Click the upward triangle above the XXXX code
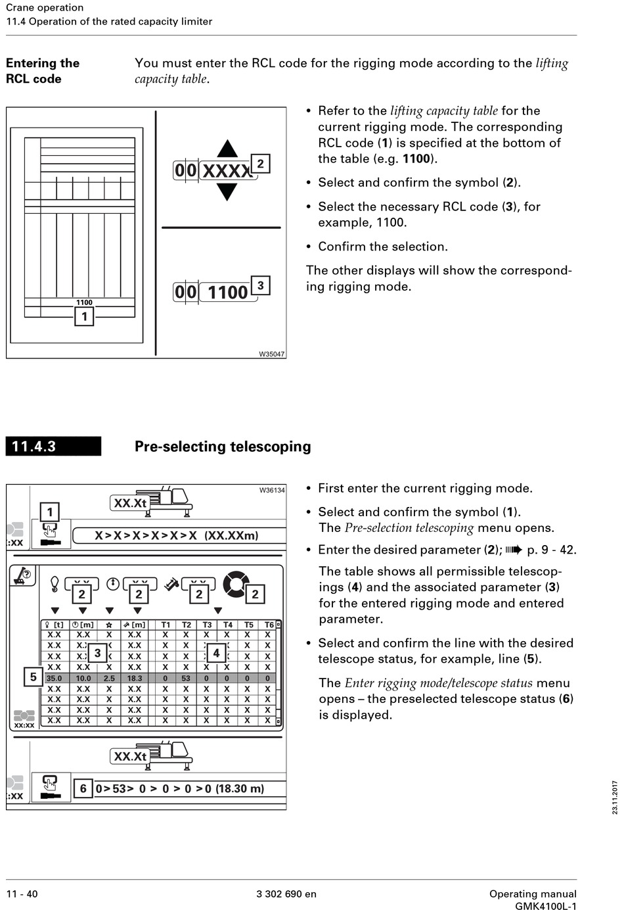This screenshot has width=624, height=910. click(x=227, y=149)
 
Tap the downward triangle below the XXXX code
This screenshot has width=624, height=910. click(x=227, y=191)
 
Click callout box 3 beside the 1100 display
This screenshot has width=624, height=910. click(x=261, y=285)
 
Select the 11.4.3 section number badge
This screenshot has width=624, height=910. click(x=53, y=446)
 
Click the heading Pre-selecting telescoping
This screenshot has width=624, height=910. click(x=223, y=446)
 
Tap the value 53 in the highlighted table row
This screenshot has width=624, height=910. click(x=186, y=678)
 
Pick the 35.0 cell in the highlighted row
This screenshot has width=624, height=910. click(x=54, y=678)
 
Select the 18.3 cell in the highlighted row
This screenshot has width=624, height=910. click(x=135, y=678)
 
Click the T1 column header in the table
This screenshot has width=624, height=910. click(x=166, y=625)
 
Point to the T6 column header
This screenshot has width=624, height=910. click(x=269, y=625)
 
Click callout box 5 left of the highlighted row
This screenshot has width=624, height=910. click(x=33, y=677)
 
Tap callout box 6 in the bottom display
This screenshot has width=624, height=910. click(x=83, y=788)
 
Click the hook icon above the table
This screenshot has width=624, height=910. click(x=55, y=583)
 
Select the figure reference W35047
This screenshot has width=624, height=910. click(x=271, y=354)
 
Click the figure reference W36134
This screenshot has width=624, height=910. click(x=272, y=490)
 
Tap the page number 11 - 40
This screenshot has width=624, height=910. click(x=22, y=894)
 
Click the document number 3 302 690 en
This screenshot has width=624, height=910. click(x=286, y=894)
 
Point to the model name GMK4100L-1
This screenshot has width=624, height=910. click(x=545, y=906)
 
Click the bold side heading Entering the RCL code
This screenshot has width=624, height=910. click(x=43, y=71)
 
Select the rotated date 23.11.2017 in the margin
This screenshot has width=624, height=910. click(x=615, y=797)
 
